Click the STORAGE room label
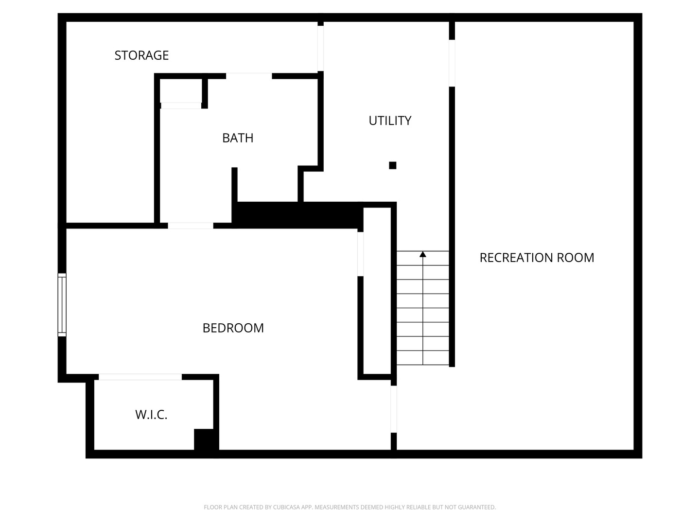(x=141, y=55)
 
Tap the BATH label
(x=238, y=138)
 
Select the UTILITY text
(x=390, y=121)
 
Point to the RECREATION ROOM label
(x=537, y=258)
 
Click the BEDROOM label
(x=233, y=328)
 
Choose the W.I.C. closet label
(x=151, y=415)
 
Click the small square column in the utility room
(x=393, y=165)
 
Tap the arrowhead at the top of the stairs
(x=423, y=254)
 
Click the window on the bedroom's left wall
(x=62, y=305)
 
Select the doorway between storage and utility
(x=320, y=49)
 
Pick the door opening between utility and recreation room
(x=452, y=63)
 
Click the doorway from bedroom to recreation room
(x=394, y=409)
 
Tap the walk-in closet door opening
(x=140, y=377)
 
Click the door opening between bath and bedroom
(x=191, y=226)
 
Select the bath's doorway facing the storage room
(x=249, y=76)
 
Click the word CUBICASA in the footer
(x=286, y=507)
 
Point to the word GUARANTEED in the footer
(x=477, y=507)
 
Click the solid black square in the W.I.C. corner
(x=206, y=439)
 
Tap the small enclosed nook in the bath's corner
(x=181, y=90)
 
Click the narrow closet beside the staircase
(x=377, y=291)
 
